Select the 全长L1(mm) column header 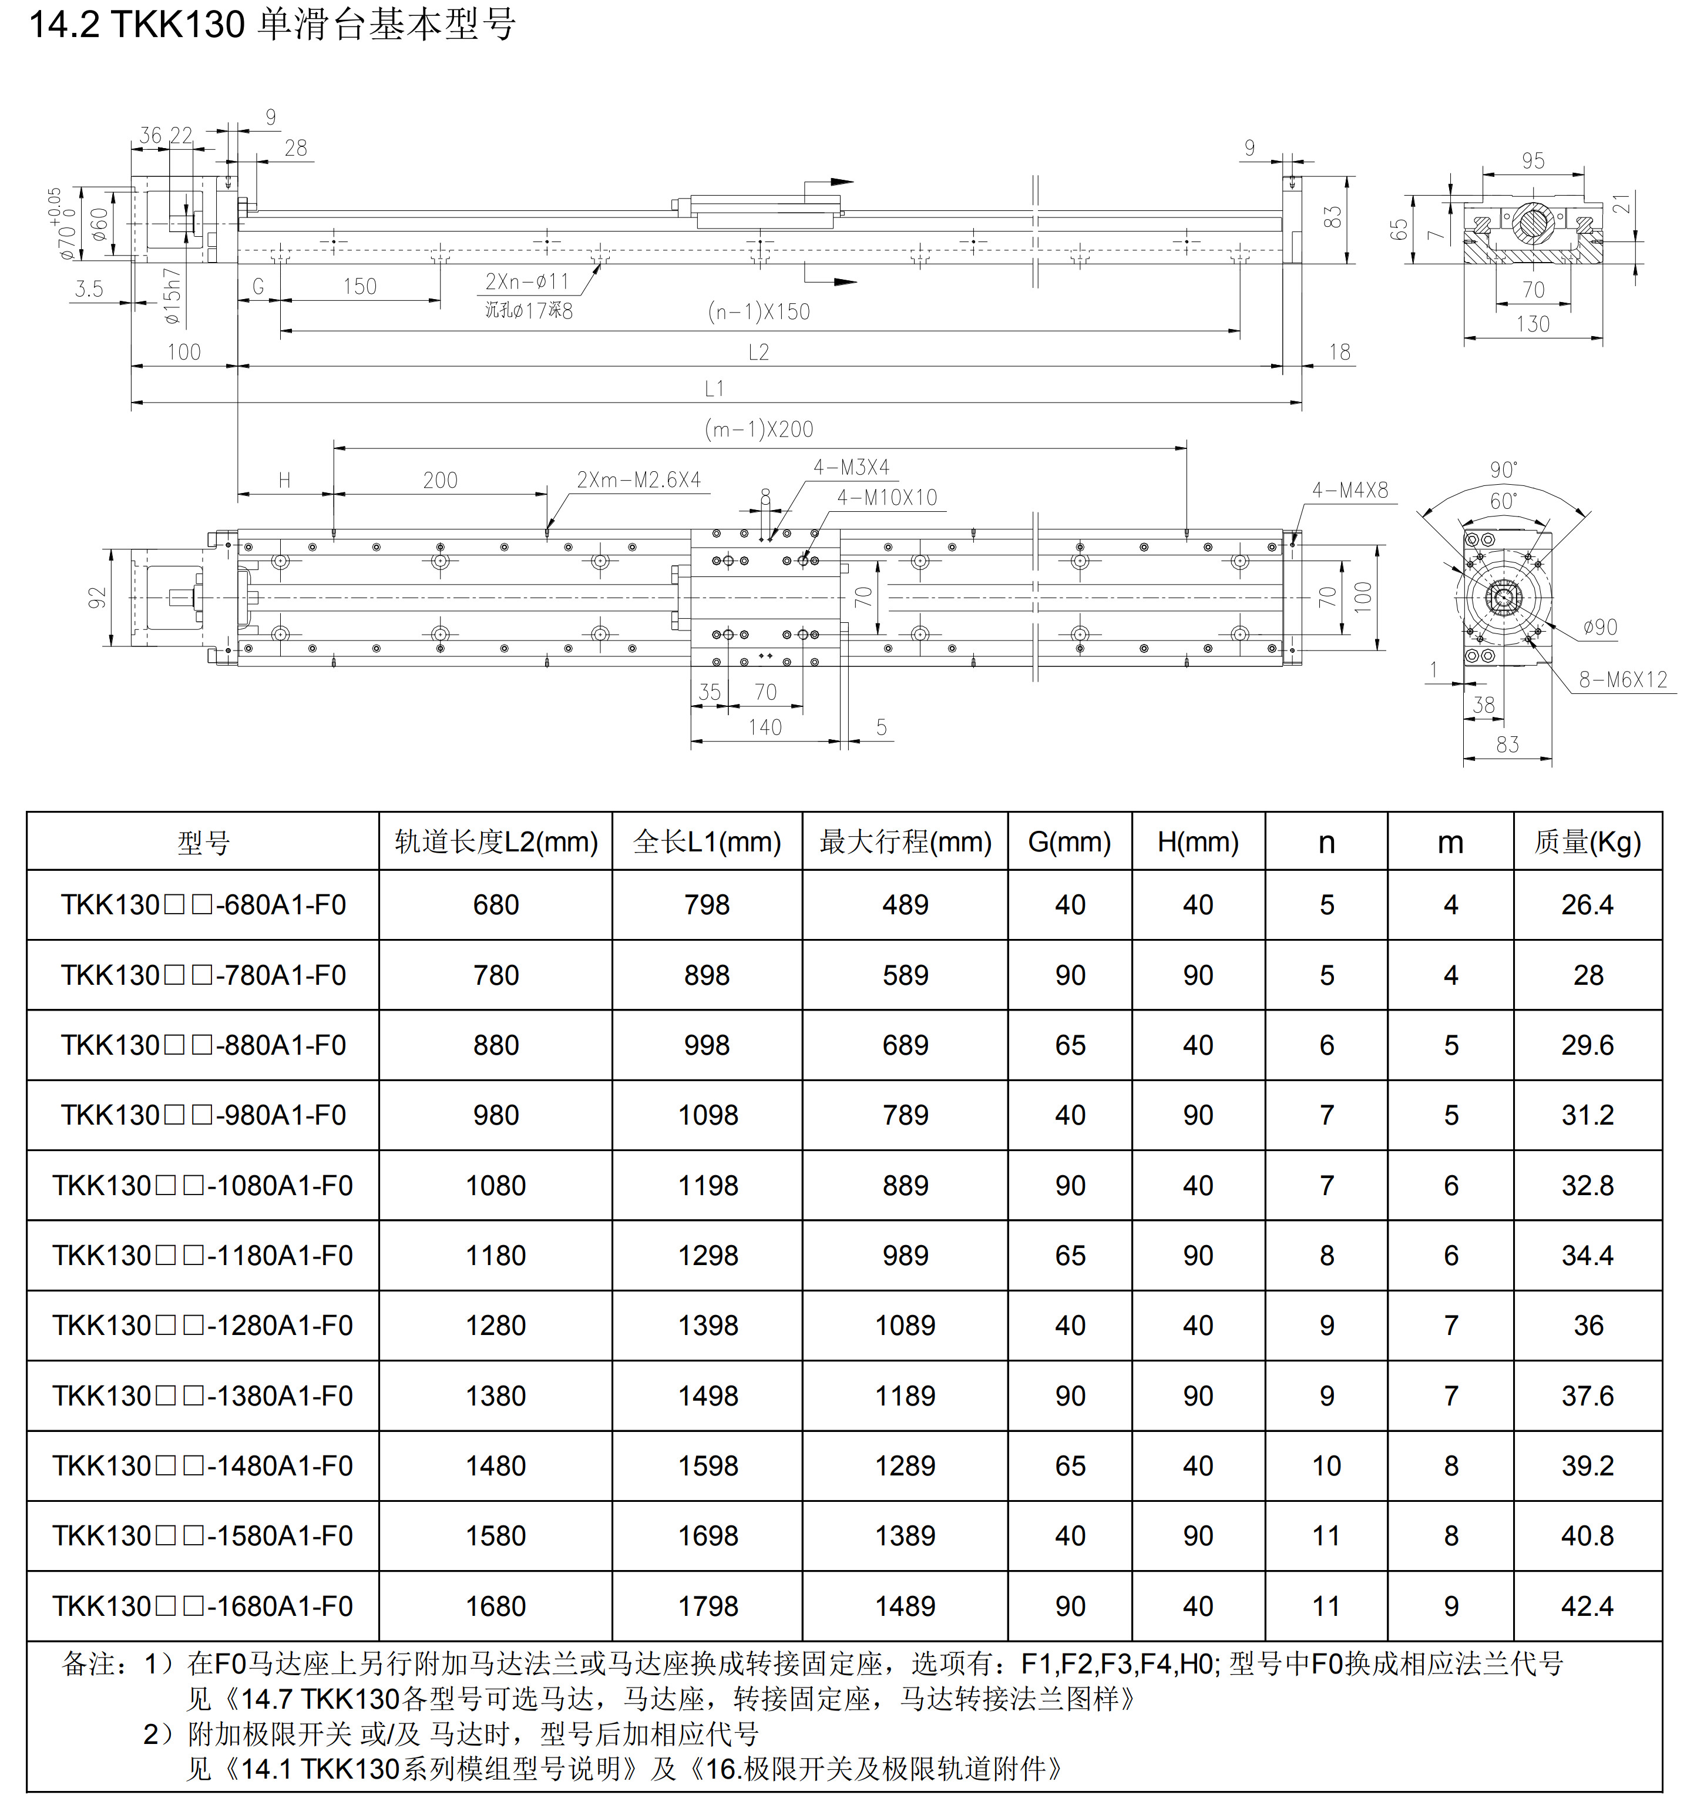coord(707,841)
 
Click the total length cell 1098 coord(707,1115)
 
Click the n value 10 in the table coord(1326,1465)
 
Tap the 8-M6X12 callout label coord(1622,679)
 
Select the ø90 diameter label coord(1600,628)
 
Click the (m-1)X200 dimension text coord(758,429)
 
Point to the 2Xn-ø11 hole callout coord(527,281)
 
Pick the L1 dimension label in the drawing coord(714,389)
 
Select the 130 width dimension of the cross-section coord(1533,324)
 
